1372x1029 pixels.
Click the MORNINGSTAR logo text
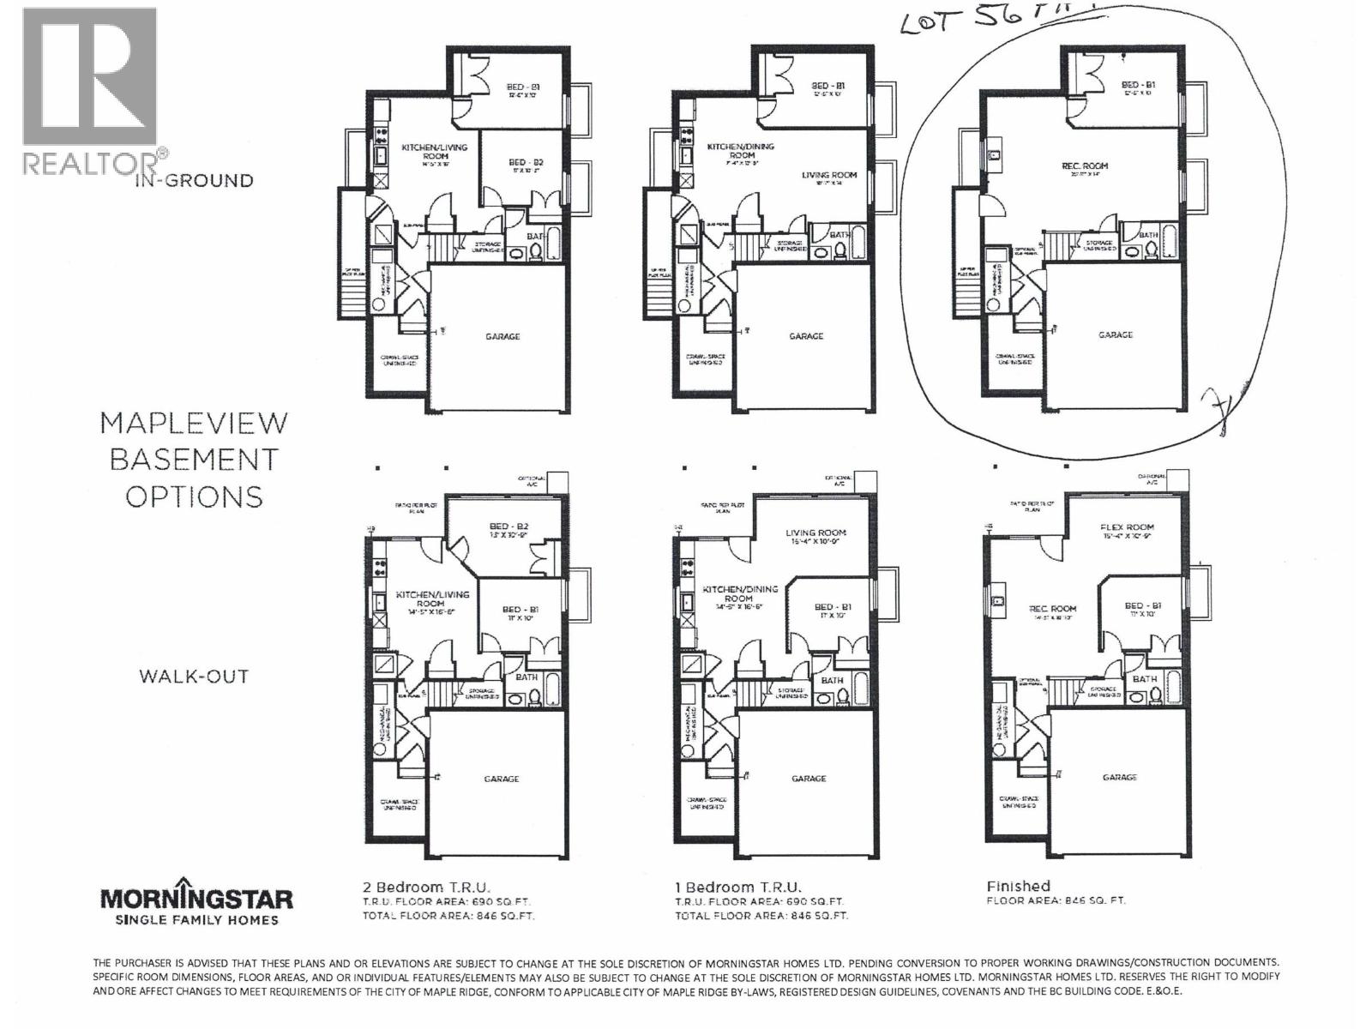coord(196,899)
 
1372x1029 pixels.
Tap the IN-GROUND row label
coord(194,180)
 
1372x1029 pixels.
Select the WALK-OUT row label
coord(194,676)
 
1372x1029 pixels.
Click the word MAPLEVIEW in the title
coord(194,423)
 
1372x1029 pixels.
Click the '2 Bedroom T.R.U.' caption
coord(427,887)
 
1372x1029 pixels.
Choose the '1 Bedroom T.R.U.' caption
coord(737,887)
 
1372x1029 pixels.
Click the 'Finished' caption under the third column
coord(1018,886)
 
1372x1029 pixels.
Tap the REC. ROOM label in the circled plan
coord(1084,166)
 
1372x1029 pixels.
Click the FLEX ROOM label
coord(1127,527)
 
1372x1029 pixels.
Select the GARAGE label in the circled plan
coord(1115,335)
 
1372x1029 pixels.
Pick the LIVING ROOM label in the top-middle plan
coord(828,175)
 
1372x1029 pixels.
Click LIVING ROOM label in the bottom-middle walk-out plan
coord(815,533)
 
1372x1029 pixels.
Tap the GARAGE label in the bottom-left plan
coord(501,779)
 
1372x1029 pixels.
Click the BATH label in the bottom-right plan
coord(1144,678)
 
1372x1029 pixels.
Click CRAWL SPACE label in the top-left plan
coord(398,359)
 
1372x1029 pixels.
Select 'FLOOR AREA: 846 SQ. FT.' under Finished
coord(1056,900)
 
